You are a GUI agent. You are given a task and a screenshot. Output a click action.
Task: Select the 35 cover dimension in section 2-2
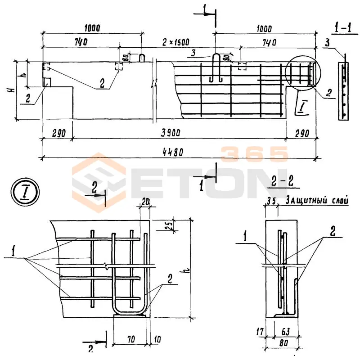click(x=271, y=201)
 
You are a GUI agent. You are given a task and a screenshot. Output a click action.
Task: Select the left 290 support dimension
click(x=57, y=132)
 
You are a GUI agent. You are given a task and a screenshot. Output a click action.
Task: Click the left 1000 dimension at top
click(x=92, y=28)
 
